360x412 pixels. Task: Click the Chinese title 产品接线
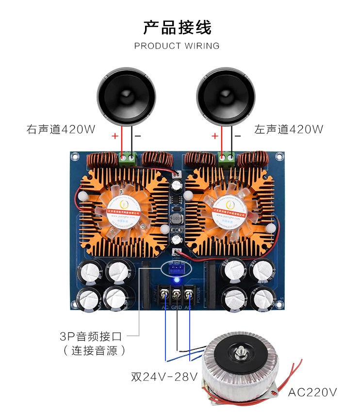[177, 28]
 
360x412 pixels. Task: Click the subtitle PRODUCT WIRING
[177, 46]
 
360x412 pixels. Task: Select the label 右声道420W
[61, 130]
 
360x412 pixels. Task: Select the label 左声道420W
[288, 130]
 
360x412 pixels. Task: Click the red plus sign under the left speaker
[115, 136]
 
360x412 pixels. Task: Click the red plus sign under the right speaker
[214, 136]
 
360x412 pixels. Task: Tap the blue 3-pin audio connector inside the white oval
[177, 268]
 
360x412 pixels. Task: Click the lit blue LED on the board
[177, 280]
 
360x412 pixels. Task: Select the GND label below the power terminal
[177, 308]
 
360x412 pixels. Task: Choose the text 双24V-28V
[164, 377]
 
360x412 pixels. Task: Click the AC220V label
[312, 392]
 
